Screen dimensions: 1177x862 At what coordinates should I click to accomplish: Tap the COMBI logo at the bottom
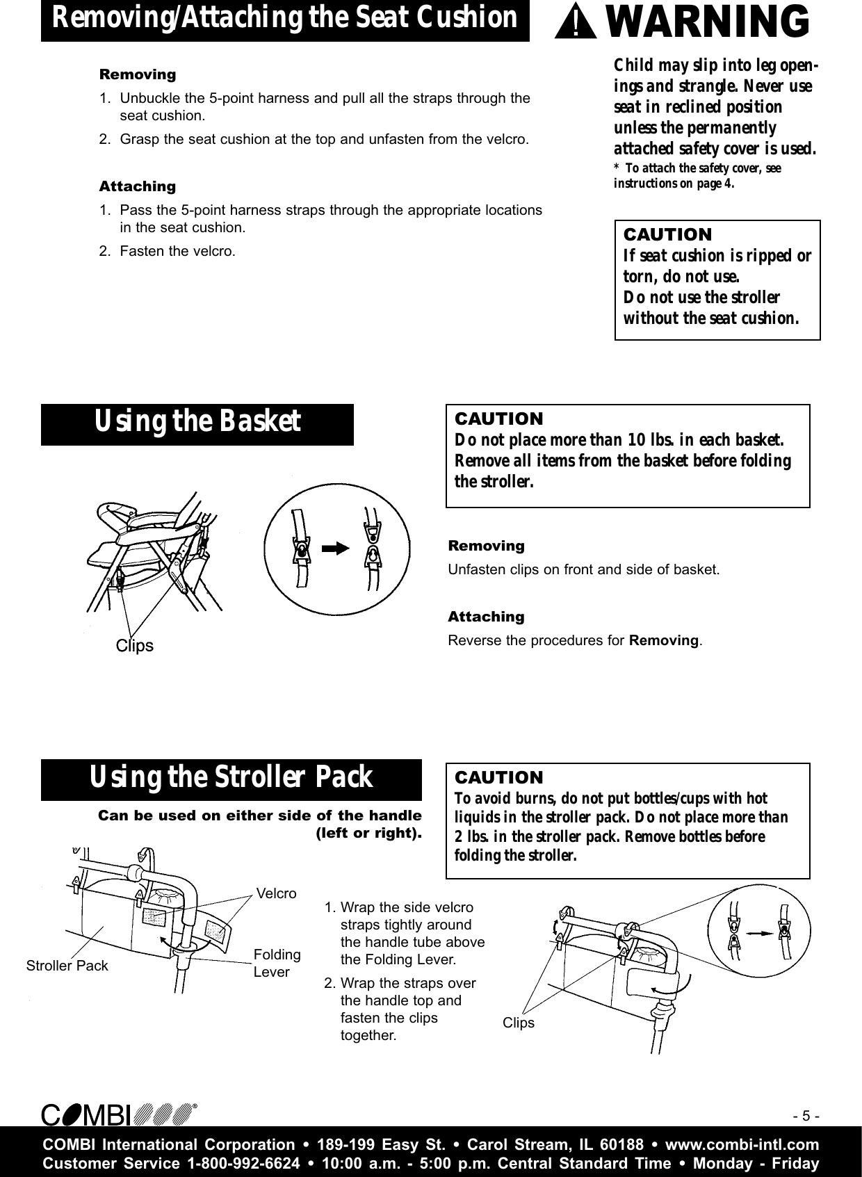coord(118,1115)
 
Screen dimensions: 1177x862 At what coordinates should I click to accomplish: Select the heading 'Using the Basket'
coord(197,421)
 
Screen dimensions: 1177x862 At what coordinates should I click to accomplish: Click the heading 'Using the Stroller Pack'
coord(231,777)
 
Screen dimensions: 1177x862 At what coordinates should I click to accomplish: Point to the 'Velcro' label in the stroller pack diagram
coord(276,893)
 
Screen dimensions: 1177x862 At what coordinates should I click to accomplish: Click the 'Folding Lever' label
coord(277,963)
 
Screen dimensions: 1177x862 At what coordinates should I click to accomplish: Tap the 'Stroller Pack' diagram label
coord(67,966)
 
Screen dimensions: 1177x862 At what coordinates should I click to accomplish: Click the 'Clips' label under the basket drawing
coord(134,646)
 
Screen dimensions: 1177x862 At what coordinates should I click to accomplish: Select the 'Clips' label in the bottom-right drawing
coord(519,1023)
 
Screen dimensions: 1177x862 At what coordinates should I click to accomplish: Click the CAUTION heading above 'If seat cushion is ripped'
coord(667,234)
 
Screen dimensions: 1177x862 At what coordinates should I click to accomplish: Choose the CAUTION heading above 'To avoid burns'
coord(498,777)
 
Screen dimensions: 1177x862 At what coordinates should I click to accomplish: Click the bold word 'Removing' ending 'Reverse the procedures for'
coord(664,640)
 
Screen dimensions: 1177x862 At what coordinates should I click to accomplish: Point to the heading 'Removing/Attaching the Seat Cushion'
coord(285,19)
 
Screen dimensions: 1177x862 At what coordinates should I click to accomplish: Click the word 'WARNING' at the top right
coord(708,22)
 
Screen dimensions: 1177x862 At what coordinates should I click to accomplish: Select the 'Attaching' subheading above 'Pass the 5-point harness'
coord(138,186)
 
